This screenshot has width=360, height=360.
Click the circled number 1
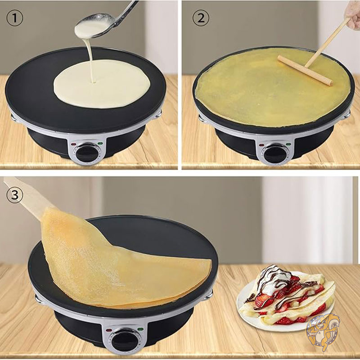coord(15,18)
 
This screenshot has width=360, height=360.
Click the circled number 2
coord(201,18)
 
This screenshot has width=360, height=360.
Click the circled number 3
coord(15,195)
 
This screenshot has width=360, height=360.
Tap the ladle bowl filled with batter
coord(94,26)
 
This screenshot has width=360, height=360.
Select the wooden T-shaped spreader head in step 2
coord(305,70)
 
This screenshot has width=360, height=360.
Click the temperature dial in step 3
coord(126,342)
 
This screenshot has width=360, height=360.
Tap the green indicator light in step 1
coord(100,144)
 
